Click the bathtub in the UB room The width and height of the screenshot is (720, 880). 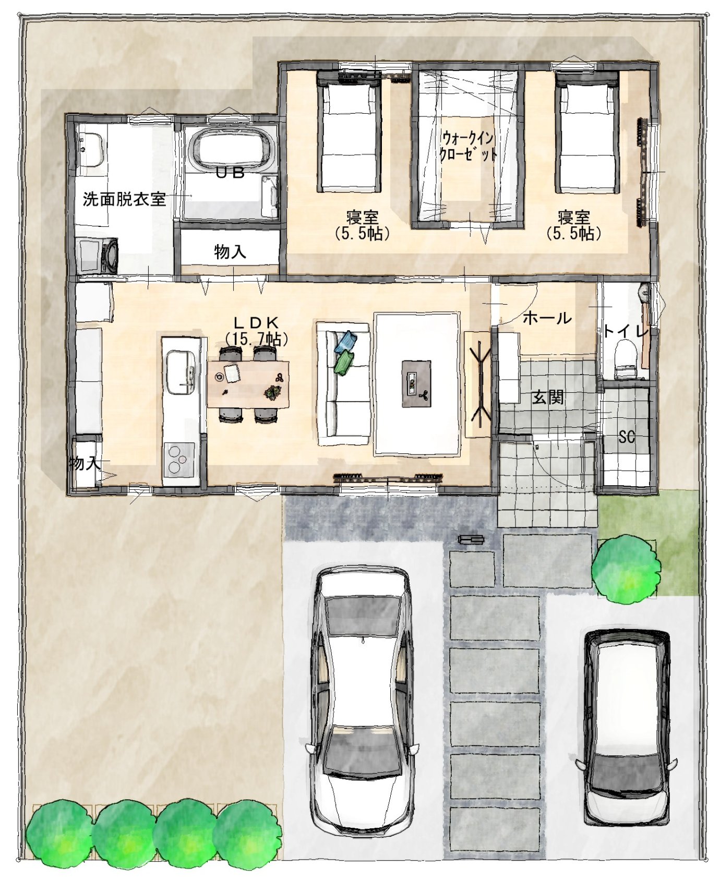coord(231,147)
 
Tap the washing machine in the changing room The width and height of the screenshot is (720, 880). coord(97,255)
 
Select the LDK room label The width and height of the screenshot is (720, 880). coord(256,331)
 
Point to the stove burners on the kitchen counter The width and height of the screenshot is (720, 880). coord(179,459)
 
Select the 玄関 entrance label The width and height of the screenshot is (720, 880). coord(548,397)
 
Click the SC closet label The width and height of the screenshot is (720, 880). coord(626,436)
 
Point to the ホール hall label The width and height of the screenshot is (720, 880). coord(547,318)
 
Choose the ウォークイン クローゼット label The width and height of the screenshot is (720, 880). coord(467,146)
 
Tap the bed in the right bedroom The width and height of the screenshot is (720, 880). coord(587,132)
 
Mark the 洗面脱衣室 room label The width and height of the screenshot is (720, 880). coord(124,199)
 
